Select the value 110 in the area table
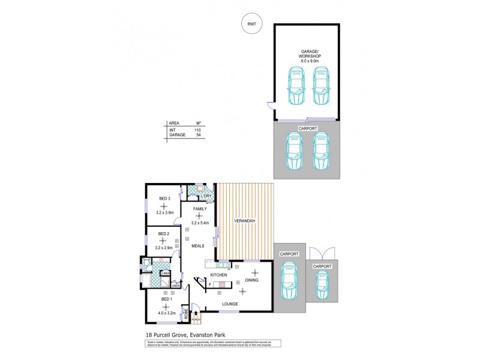[197, 130]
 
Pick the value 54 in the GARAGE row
[197, 136]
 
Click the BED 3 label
[165, 199]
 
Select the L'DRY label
[207, 197]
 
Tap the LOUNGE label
[230, 304]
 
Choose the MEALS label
[198, 246]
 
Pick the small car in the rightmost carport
[322, 284]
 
